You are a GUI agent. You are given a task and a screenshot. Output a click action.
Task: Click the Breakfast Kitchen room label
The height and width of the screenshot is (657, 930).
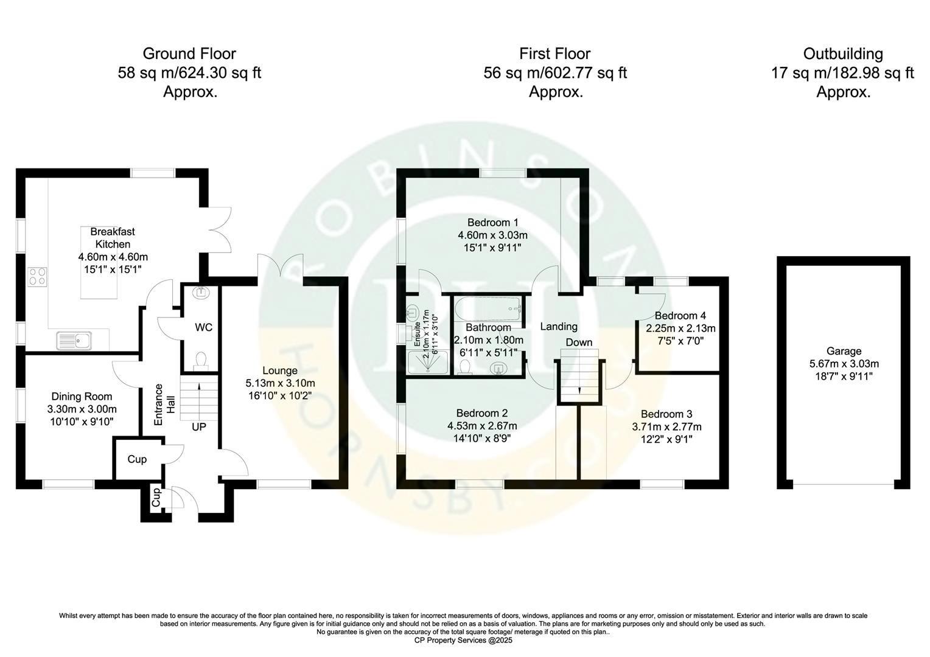click(x=113, y=238)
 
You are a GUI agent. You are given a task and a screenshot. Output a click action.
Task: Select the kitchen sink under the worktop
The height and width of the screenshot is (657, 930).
click(x=74, y=341)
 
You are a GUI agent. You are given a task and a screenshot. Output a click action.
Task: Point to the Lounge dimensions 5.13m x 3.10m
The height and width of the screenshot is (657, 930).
click(x=280, y=383)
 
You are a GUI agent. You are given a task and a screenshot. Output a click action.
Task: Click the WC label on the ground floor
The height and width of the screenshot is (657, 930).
click(x=203, y=327)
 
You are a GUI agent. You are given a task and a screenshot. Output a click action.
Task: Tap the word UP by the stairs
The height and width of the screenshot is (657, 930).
click(x=199, y=427)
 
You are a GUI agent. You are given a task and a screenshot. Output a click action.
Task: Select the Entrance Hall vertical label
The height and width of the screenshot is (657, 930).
click(x=164, y=405)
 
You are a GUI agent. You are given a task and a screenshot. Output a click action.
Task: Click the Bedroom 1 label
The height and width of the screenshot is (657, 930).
click(x=492, y=221)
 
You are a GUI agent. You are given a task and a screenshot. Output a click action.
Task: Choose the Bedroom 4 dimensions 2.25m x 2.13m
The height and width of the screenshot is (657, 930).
click(x=680, y=328)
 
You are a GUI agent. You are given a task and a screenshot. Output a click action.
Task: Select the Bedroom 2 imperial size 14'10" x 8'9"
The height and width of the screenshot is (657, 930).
click(x=482, y=438)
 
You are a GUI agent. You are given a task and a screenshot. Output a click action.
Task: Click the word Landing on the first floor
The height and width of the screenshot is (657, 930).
click(x=559, y=327)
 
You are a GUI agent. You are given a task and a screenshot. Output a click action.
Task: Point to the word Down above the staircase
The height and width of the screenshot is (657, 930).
click(x=579, y=342)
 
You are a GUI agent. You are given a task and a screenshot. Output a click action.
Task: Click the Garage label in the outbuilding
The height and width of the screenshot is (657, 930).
click(x=844, y=351)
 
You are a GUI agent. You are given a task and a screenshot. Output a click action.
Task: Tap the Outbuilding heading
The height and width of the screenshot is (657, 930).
click(x=843, y=54)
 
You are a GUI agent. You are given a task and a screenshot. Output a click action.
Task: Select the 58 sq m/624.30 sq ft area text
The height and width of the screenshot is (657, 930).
click(x=189, y=73)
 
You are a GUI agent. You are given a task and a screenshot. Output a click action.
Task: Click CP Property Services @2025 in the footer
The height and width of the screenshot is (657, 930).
click(x=464, y=640)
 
